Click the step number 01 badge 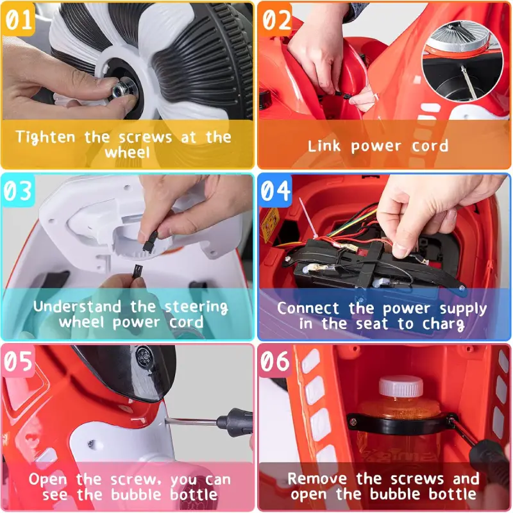pos(19,19)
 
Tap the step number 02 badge pos(276,19)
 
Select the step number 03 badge pos(19,190)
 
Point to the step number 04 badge pos(276,190)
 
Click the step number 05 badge pos(19,361)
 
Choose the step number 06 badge pos(276,361)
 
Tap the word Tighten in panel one pos(46,138)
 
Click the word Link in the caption pos(324,146)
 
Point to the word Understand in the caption pos(77,307)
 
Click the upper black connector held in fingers pos(151,240)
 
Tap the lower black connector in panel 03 pos(137,272)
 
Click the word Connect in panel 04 pos(308,308)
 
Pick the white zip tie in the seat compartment pos(308,217)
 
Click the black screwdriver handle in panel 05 pos(235,422)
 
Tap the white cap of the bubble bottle pos(401,386)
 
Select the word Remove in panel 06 pos(317,478)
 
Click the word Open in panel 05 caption pos(48,480)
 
